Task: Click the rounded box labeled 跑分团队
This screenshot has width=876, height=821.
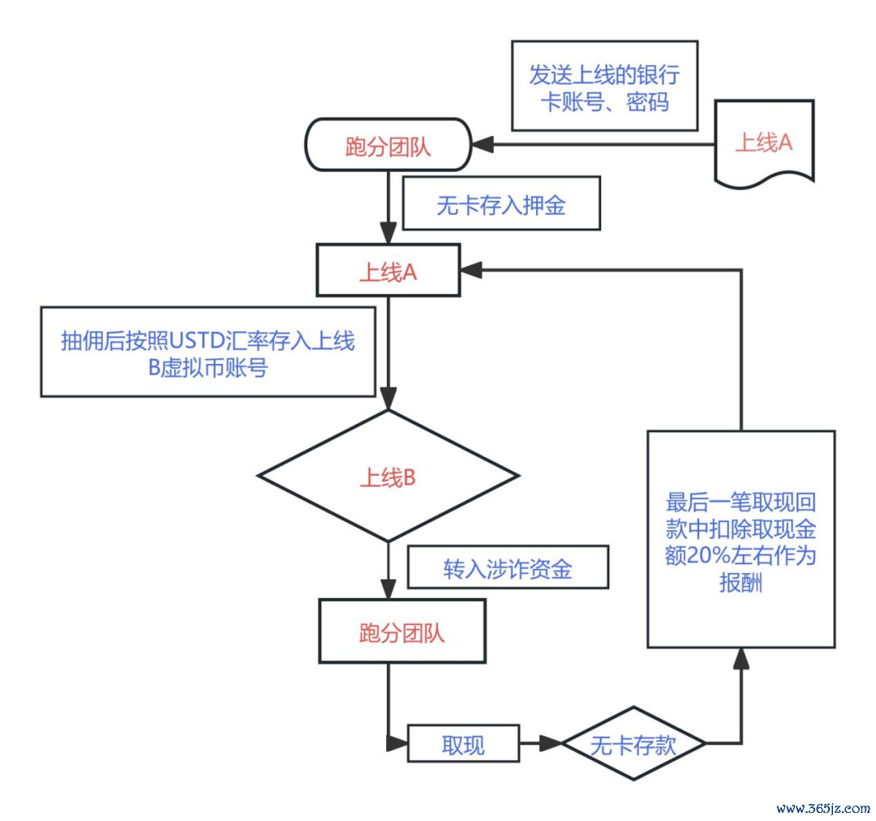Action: point(388,145)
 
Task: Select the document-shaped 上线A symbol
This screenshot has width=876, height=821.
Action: point(763,143)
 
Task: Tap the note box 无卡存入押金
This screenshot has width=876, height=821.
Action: point(501,206)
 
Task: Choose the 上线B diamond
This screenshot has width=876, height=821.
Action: point(388,477)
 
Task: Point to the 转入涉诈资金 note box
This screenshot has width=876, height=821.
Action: point(507,568)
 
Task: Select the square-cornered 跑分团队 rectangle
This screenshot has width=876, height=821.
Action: point(401,632)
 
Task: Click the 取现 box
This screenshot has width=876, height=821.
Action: point(462,743)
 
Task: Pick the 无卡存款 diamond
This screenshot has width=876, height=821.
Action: point(633,743)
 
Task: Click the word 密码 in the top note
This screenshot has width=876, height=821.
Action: point(647,104)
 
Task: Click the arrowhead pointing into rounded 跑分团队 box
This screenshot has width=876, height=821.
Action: point(483,145)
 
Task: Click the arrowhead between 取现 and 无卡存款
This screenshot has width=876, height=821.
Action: point(552,743)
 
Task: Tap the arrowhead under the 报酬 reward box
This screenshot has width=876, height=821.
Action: point(741,658)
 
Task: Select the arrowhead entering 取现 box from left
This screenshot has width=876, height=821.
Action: point(397,743)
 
